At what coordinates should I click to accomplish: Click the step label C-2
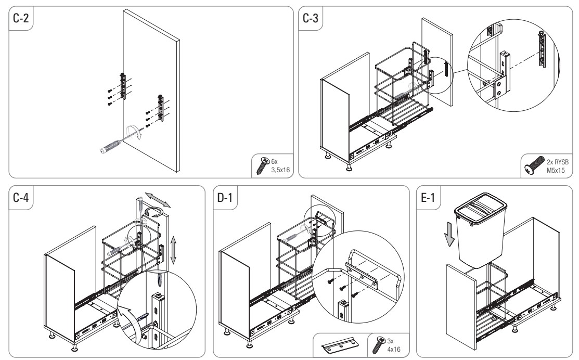[21, 18]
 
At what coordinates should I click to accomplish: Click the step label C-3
[310, 18]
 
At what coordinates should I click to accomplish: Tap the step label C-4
[21, 198]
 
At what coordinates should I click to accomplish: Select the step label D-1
[225, 198]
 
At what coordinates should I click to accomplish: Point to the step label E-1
[428, 198]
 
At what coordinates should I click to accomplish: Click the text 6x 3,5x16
[280, 166]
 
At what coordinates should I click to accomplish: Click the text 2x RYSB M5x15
[558, 166]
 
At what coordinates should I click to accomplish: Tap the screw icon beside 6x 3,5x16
[263, 165]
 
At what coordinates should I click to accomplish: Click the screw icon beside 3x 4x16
[379, 345]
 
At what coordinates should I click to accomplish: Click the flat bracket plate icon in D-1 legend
[340, 345]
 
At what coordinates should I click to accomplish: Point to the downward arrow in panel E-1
[449, 234]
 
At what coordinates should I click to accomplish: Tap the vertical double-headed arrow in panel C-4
[173, 250]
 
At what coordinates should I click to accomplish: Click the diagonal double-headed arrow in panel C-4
[157, 200]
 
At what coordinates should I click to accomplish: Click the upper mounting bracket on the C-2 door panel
[123, 86]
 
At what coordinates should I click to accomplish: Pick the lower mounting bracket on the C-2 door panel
[161, 108]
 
